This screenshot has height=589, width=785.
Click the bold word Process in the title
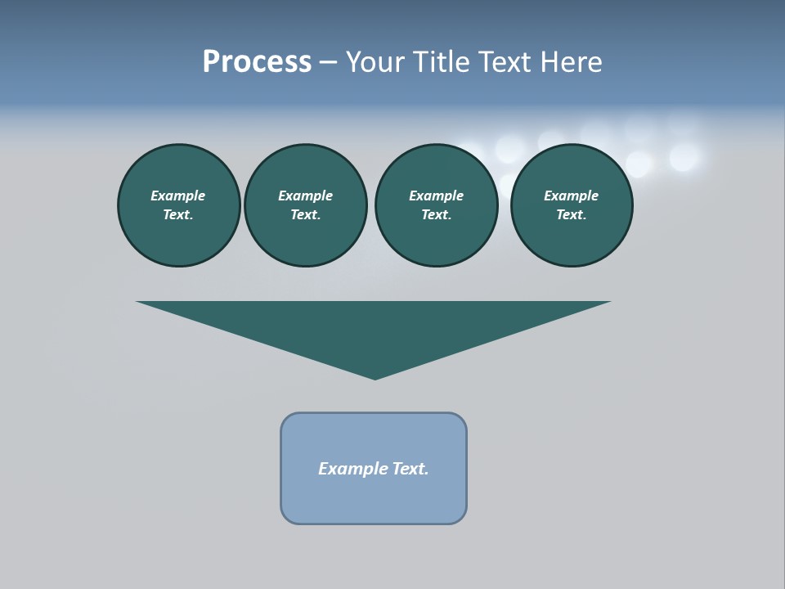point(257,62)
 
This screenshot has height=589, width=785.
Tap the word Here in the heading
point(572,62)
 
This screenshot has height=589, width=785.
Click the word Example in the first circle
point(178,196)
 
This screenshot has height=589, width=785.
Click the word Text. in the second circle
point(306,214)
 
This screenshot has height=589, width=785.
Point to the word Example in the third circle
point(437,196)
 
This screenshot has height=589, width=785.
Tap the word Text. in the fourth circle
point(572,214)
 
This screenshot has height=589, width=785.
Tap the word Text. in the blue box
point(410,469)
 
